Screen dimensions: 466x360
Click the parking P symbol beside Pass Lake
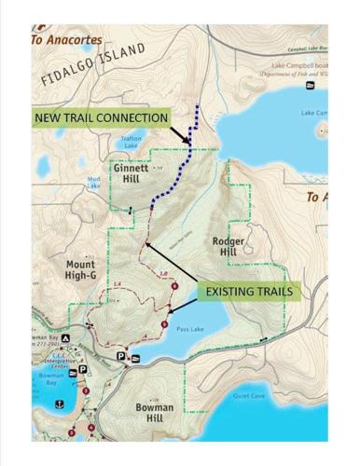click(120, 356)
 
